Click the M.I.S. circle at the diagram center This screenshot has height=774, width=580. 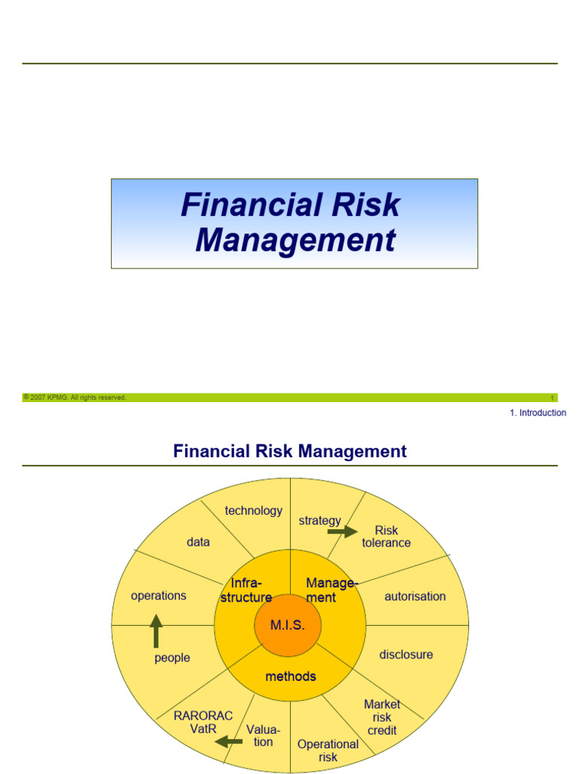(x=288, y=625)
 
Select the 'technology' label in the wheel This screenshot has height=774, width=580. (x=254, y=511)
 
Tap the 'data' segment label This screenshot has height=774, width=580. (x=199, y=542)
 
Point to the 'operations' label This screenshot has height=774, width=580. (x=159, y=596)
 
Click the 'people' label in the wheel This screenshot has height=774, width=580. (x=172, y=658)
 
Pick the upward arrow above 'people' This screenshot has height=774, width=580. (x=156, y=630)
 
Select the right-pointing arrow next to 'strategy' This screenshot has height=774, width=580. (x=342, y=532)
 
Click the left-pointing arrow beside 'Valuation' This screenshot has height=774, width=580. (x=229, y=741)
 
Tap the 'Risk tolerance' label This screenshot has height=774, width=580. (x=386, y=537)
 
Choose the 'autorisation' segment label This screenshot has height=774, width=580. (x=415, y=596)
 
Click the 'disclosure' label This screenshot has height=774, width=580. (x=406, y=655)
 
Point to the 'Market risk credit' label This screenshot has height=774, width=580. (x=382, y=717)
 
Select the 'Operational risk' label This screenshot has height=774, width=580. (x=328, y=751)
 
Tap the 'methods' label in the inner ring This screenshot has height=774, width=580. (x=291, y=676)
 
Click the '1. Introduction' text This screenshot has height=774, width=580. (x=538, y=413)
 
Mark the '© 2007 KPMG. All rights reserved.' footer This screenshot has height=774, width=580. (x=75, y=398)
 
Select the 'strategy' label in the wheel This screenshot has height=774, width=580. (x=319, y=521)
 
